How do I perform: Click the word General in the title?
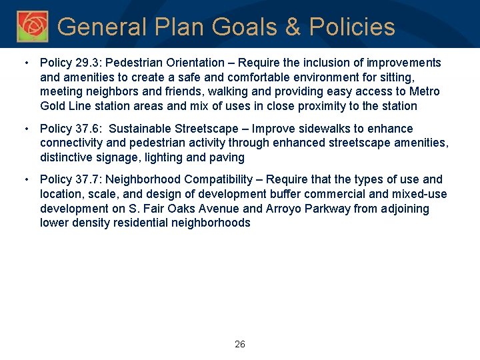[99, 27]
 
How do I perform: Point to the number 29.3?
[87, 63]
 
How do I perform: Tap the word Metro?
[425, 91]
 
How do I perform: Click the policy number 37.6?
[87, 129]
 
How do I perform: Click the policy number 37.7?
[87, 179]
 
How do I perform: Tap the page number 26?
[240, 344]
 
